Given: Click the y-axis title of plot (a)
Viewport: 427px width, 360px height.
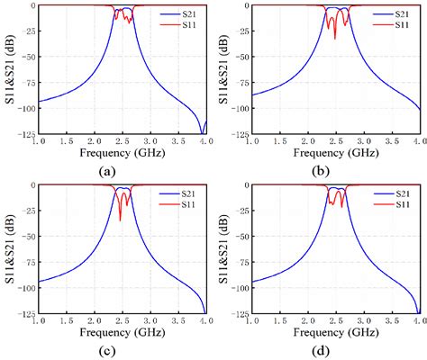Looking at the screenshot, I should (8, 70).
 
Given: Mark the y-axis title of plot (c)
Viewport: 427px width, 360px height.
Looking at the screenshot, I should (8, 250).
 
